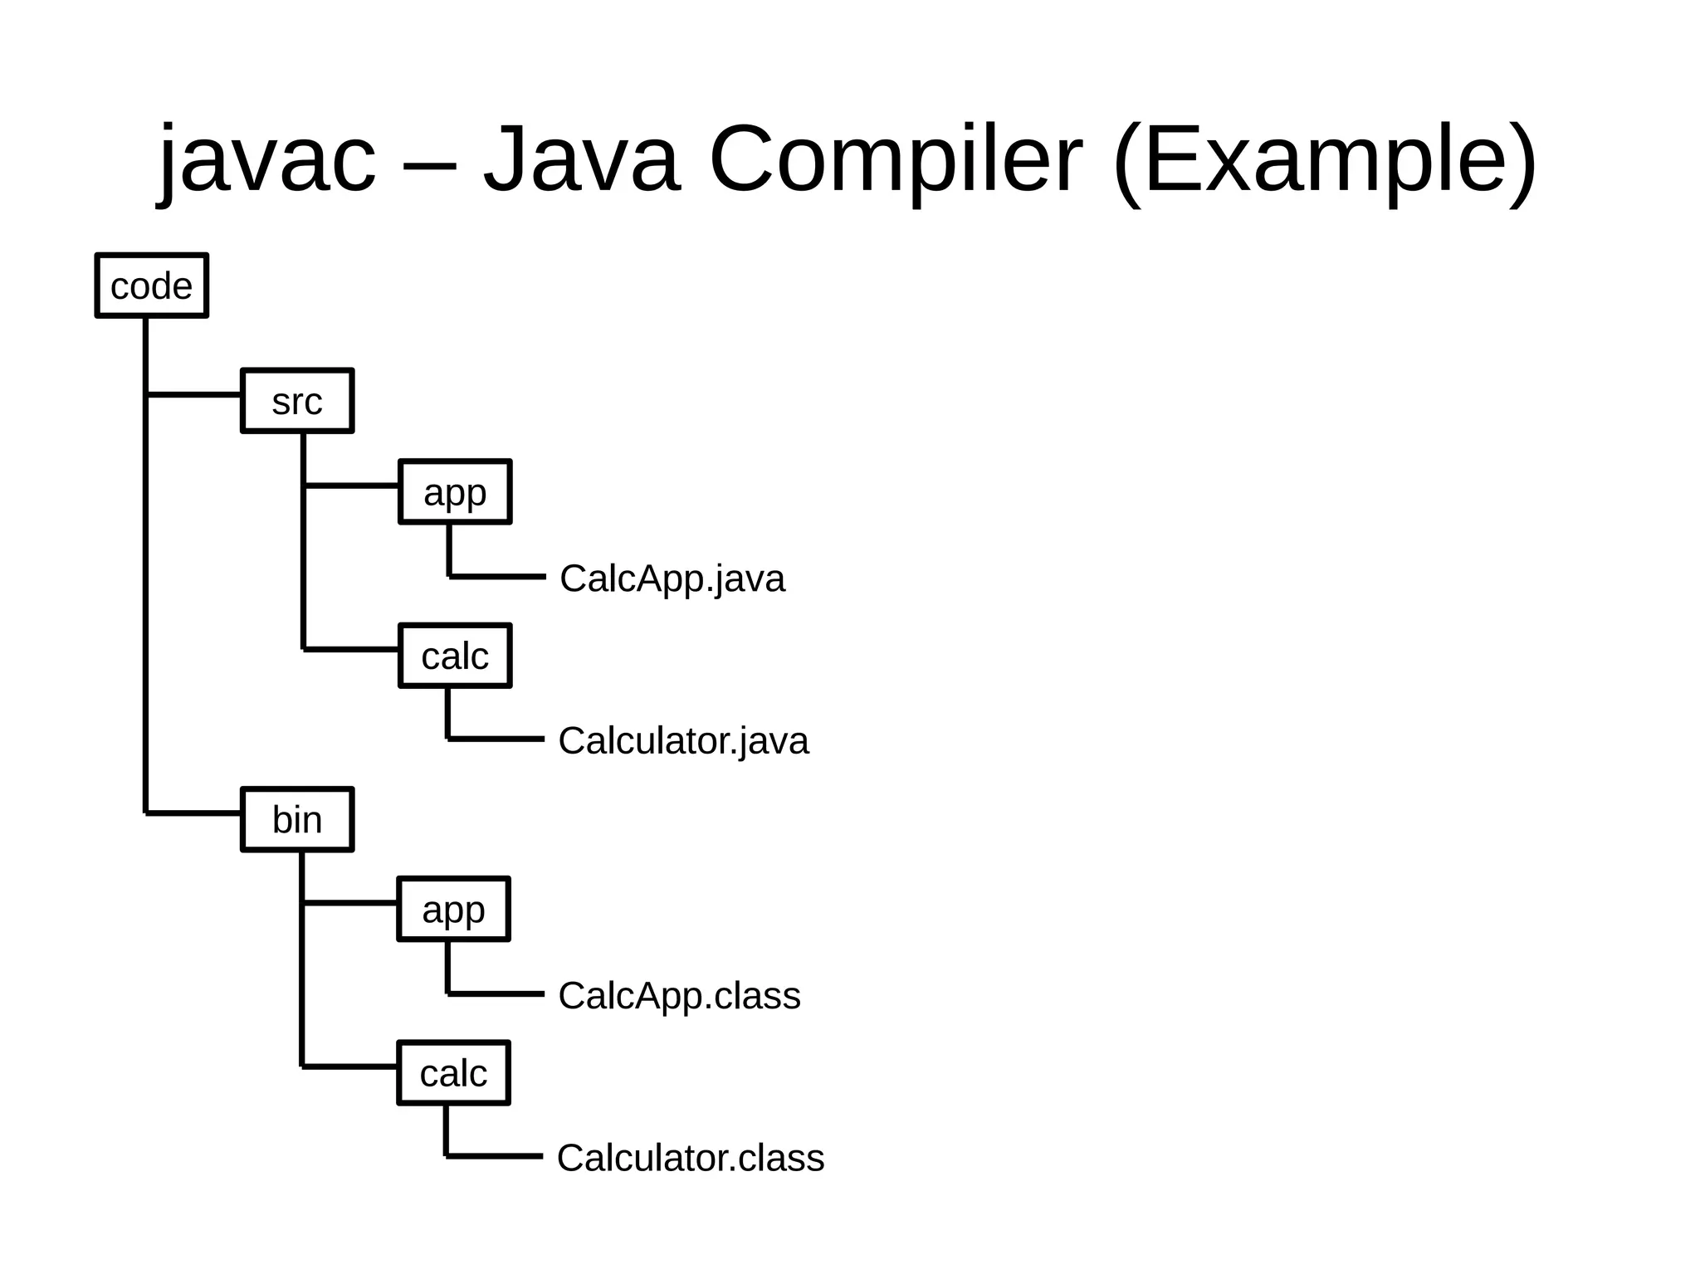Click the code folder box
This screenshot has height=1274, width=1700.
151,286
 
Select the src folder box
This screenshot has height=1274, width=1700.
297,401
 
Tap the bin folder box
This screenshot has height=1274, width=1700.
297,819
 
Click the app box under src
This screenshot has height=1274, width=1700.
455,491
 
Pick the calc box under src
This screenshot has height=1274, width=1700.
455,656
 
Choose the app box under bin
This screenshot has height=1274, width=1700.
453,909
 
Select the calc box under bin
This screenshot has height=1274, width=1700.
453,1072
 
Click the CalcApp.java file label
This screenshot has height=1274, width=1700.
672,578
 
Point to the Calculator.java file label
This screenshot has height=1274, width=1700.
683,740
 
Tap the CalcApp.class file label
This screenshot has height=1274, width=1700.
679,995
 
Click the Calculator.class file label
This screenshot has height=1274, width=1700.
691,1158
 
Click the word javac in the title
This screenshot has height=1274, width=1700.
267,159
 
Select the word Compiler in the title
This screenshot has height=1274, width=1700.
896,159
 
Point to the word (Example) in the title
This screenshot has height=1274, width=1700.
1325,159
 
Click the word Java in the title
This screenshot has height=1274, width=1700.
581,159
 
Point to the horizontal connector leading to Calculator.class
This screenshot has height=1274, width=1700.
495,1155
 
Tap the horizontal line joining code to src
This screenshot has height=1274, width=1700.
194,394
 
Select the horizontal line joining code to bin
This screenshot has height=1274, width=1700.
194,813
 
